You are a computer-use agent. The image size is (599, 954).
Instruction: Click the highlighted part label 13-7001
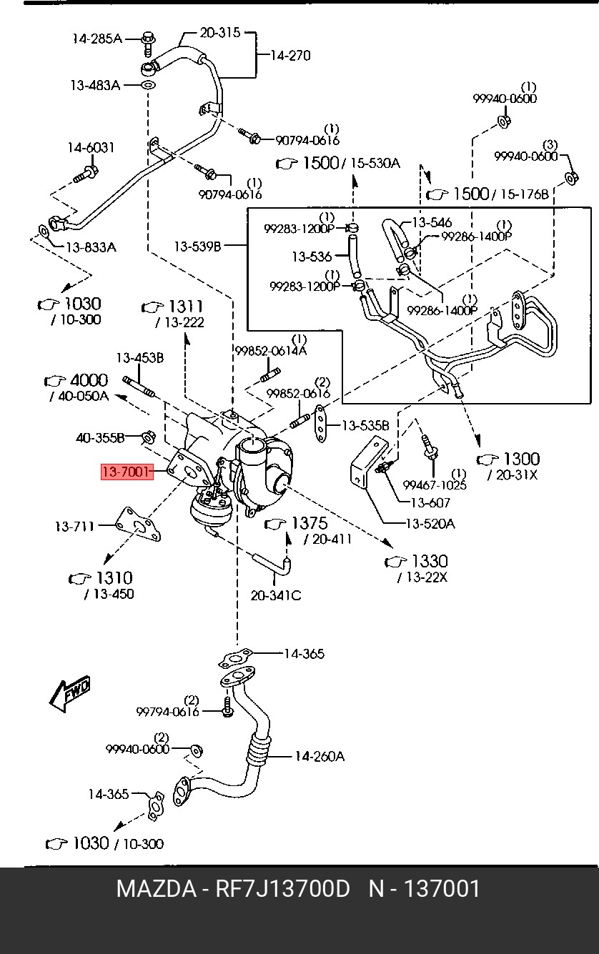tap(127, 472)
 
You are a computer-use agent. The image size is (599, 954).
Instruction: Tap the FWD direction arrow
tap(70, 693)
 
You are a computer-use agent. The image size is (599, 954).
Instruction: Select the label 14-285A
tap(97, 39)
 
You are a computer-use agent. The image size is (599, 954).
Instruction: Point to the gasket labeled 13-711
tap(139, 525)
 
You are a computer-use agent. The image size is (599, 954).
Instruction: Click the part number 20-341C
tap(276, 595)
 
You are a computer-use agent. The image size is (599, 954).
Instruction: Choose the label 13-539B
tap(198, 246)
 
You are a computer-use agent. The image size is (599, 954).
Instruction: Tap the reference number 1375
tap(310, 523)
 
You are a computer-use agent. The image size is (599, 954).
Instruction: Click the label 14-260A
tap(320, 756)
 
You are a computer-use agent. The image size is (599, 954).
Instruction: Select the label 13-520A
tap(430, 523)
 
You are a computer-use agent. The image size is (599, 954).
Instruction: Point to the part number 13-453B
tap(140, 358)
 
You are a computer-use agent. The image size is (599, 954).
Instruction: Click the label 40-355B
tap(100, 438)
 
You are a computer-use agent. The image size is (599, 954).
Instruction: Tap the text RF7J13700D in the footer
tap(283, 889)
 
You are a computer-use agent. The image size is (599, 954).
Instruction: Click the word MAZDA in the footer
tap(157, 889)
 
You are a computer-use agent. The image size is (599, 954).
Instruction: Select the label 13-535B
tap(366, 425)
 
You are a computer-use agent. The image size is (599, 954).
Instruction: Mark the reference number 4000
tap(89, 380)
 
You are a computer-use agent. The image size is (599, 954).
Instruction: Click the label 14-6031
tap(91, 148)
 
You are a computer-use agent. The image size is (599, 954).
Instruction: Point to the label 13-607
tap(430, 502)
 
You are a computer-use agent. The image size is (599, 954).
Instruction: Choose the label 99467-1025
tap(435, 485)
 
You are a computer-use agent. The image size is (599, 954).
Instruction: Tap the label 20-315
tap(220, 33)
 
